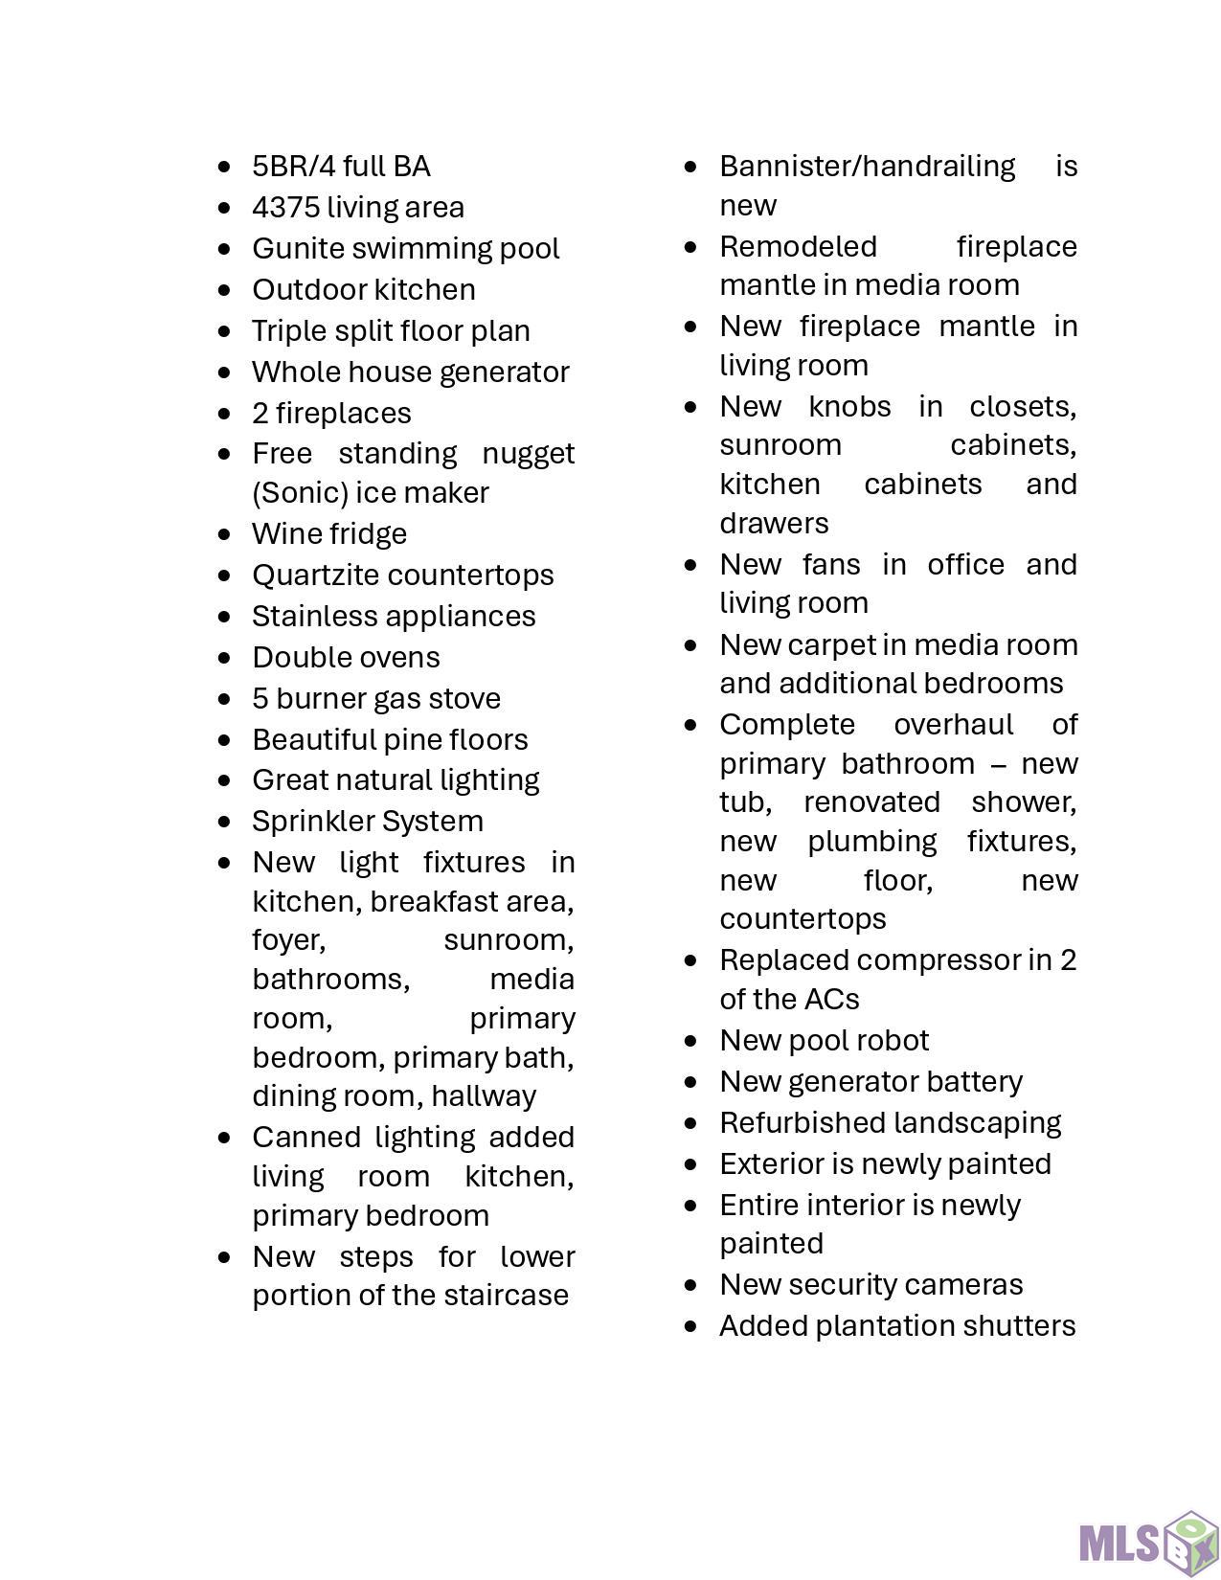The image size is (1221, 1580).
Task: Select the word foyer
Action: tap(288, 940)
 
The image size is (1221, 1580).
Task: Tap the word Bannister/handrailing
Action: tap(867, 166)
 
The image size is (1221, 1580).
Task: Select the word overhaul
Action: tap(953, 724)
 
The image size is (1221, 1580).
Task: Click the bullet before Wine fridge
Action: tap(224, 533)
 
